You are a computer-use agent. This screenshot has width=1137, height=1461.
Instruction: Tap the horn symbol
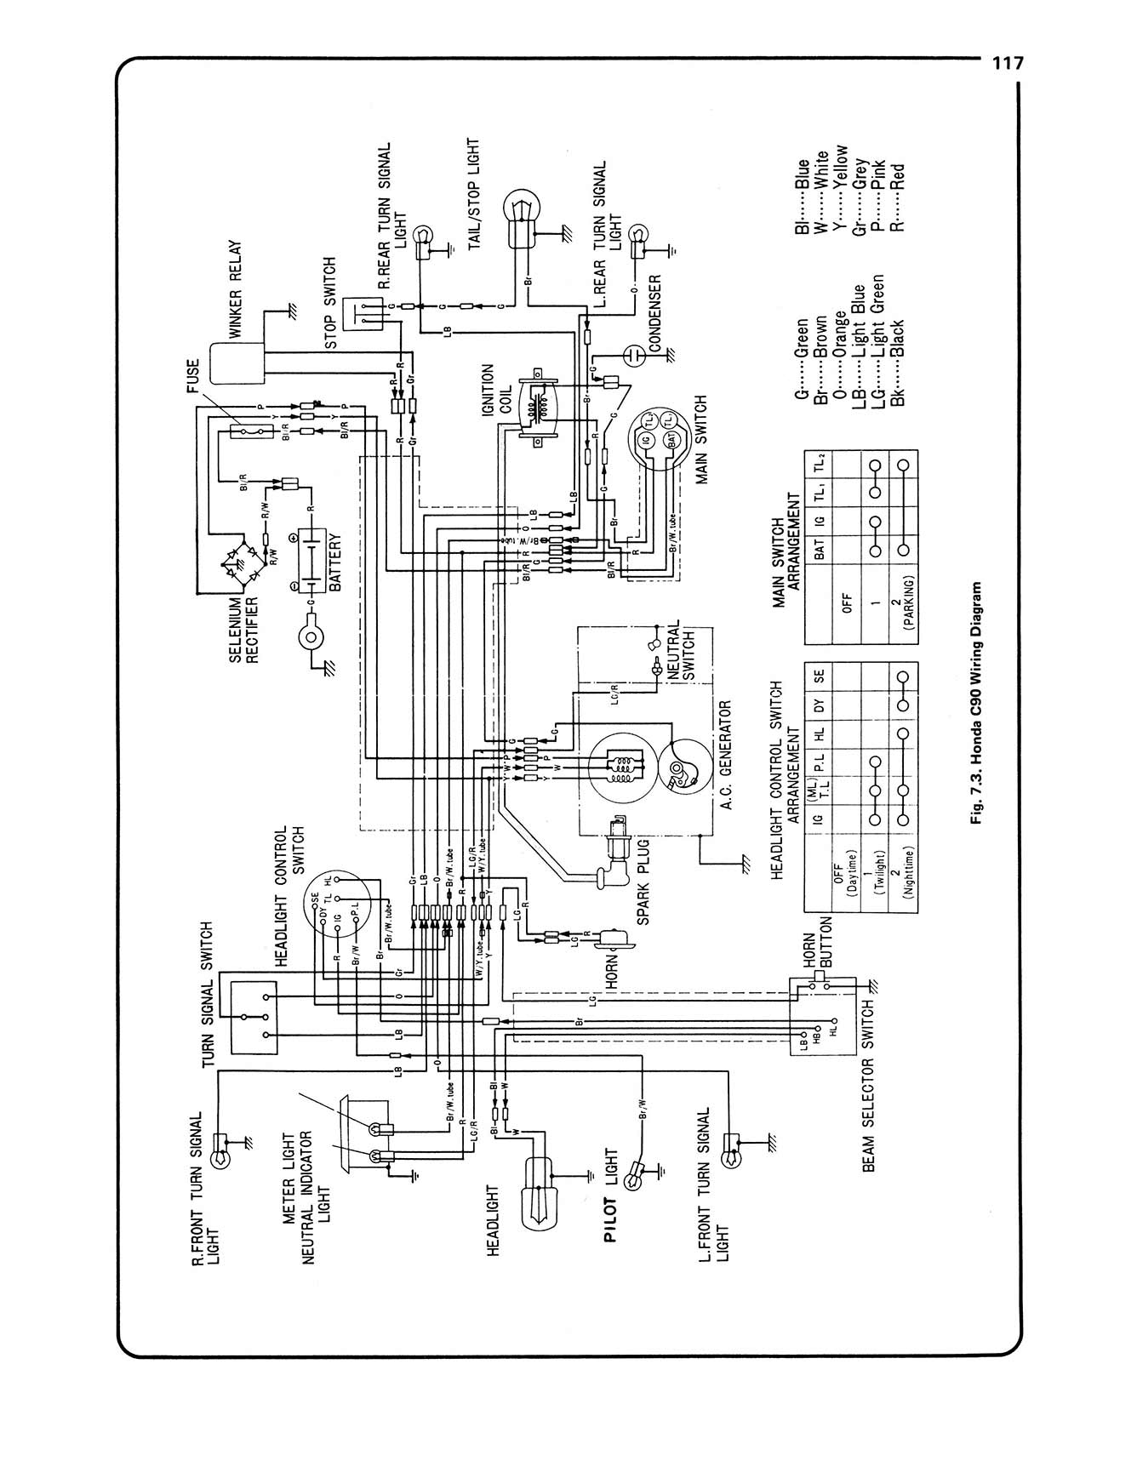(x=618, y=937)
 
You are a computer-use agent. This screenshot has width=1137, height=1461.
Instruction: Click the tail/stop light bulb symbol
(x=520, y=208)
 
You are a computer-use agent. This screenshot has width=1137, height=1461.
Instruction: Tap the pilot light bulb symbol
(x=633, y=1178)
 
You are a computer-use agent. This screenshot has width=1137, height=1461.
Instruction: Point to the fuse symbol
(x=251, y=432)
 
